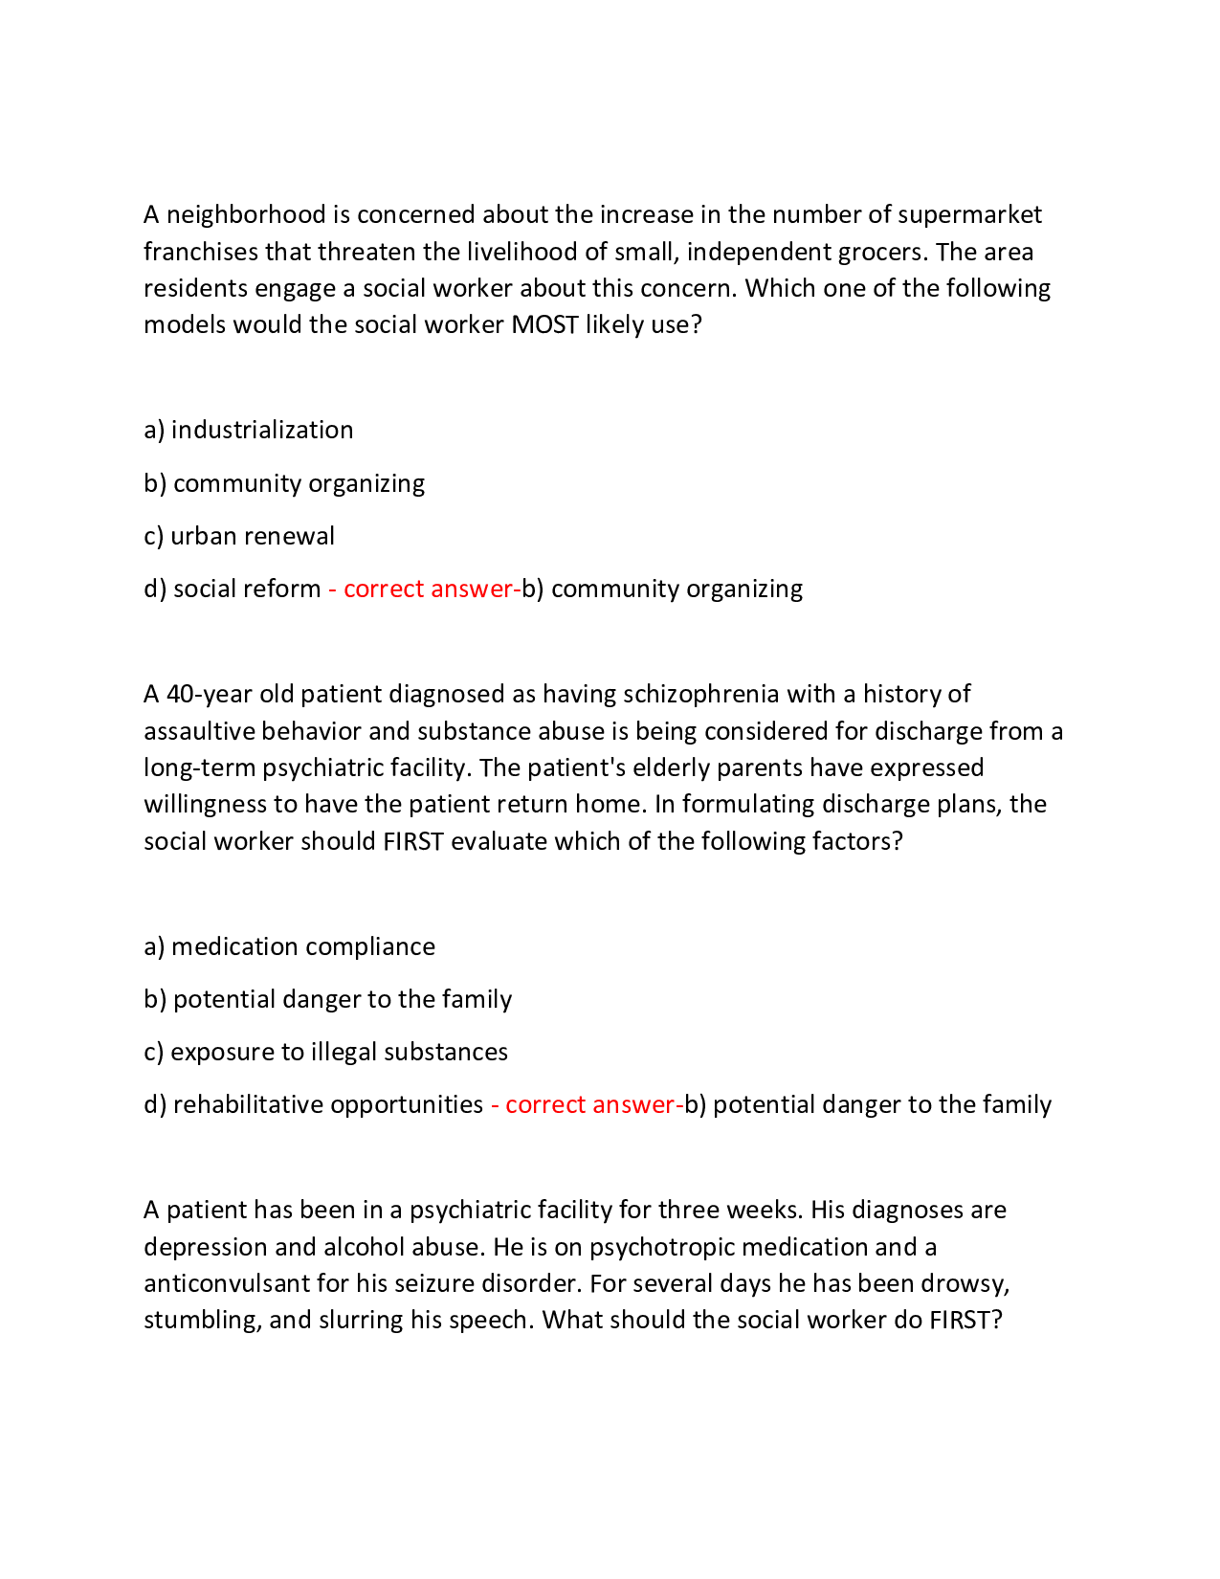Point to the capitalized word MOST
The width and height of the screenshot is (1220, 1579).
544,325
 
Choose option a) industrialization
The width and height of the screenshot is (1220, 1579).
249,431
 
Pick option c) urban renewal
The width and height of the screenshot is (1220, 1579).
239,536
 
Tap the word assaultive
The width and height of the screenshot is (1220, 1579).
199,732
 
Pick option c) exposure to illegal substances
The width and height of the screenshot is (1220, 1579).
326,1053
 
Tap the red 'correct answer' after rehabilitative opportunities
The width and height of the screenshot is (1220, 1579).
589,1105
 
